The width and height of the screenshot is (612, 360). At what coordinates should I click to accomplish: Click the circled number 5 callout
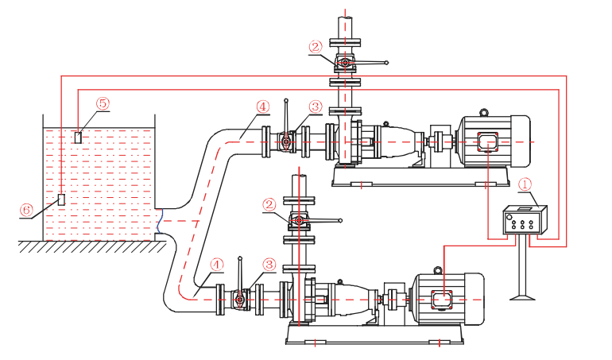(x=103, y=103)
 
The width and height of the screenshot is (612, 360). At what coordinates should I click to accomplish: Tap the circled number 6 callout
(x=26, y=209)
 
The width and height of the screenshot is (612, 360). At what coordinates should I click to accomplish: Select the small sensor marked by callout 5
(x=77, y=137)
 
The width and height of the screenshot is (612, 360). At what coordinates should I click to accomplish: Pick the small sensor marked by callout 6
(x=61, y=199)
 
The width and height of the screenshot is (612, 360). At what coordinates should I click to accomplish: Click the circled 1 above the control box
(x=525, y=184)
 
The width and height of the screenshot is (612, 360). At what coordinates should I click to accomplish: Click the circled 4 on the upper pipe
(x=262, y=106)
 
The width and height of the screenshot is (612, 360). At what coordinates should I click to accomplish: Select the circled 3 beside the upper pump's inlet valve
(x=316, y=106)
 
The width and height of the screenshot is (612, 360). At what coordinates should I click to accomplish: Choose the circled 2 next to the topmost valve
(x=316, y=47)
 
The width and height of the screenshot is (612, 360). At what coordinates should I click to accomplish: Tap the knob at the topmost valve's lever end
(x=386, y=61)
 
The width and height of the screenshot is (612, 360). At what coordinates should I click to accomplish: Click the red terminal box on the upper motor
(x=486, y=142)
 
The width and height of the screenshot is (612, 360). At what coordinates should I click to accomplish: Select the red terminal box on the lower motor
(x=441, y=300)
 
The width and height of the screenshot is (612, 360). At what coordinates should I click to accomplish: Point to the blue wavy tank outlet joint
(x=161, y=221)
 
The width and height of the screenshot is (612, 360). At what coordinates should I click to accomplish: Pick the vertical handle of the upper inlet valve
(x=285, y=119)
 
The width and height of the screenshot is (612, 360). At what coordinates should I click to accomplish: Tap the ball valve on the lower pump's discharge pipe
(x=299, y=220)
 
